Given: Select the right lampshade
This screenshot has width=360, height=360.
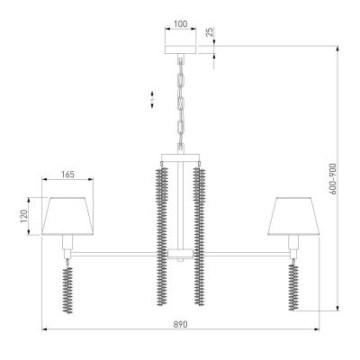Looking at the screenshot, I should pos(292,213).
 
